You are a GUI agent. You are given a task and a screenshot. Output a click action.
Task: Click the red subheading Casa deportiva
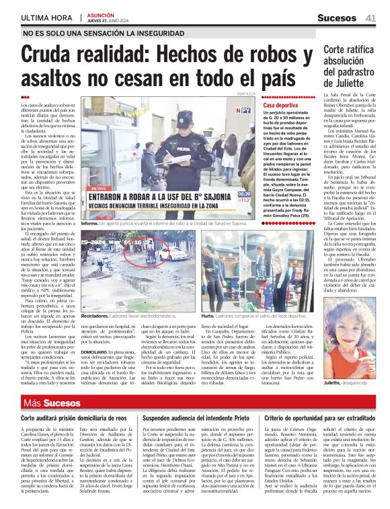(280, 106)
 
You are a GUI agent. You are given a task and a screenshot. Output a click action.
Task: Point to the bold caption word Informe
(90, 222)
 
